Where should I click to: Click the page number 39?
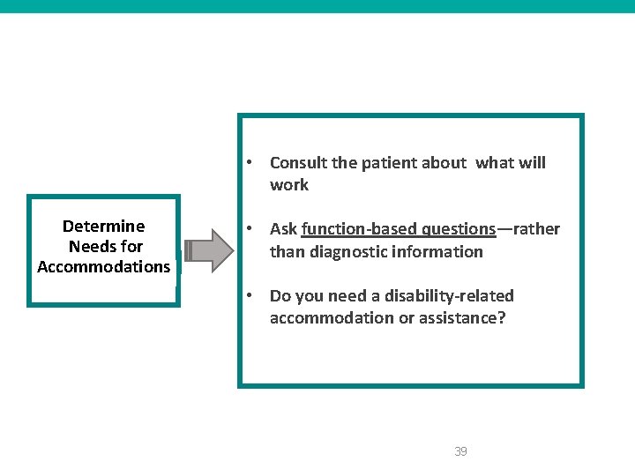point(460,451)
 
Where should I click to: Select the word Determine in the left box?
point(103,227)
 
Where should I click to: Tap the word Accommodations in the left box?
point(103,266)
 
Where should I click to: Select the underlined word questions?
point(452,229)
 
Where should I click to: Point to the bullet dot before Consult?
point(251,162)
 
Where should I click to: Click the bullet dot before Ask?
point(251,229)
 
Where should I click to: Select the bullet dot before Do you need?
point(251,295)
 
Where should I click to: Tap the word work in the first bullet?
point(289,184)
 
